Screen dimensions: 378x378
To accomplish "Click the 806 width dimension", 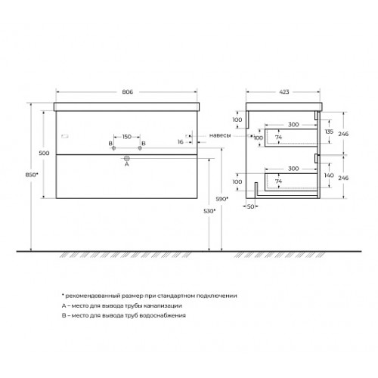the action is [128, 92].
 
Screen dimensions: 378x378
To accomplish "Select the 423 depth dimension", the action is [284, 92].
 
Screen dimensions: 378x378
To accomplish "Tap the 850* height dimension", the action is [32, 175].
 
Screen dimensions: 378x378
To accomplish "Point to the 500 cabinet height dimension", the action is [44, 153].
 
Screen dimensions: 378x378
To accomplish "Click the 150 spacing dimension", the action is [127, 137].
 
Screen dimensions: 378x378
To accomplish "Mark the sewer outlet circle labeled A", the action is [127, 158].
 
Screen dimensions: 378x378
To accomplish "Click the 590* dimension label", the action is [222, 199].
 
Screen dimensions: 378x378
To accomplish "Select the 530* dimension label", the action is [209, 211].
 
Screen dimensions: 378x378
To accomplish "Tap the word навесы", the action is [220, 135].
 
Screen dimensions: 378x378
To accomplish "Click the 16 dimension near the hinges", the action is [181, 142].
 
